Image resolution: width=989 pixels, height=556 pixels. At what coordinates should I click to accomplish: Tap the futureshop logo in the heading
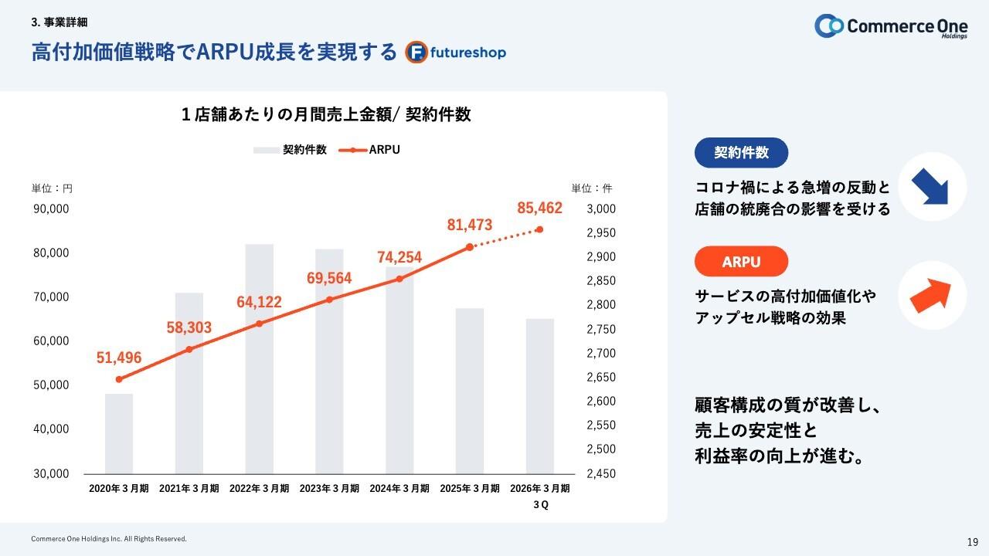(456, 52)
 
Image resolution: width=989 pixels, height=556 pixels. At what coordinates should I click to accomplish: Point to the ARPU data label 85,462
(539, 208)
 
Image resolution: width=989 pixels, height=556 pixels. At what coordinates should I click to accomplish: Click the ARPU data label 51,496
(119, 358)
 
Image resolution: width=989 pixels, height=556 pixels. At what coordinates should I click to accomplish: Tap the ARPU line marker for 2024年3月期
(399, 279)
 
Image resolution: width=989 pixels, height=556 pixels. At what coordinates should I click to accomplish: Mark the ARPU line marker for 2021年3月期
(189, 350)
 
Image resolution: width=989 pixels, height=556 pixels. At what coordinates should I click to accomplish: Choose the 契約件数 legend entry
(290, 150)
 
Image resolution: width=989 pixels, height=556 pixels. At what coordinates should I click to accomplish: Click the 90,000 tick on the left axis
(51, 208)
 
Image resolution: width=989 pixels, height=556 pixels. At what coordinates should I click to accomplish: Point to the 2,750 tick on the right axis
(601, 329)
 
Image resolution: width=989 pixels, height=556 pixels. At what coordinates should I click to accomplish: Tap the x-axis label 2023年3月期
(329, 489)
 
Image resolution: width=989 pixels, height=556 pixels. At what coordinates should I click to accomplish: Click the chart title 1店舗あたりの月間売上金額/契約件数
(326, 114)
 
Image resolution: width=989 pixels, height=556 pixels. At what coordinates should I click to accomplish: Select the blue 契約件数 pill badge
(741, 153)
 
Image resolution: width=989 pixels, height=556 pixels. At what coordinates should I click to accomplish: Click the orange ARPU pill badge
(741, 262)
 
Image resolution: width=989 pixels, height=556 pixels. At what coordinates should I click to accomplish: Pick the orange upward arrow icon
(933, 296)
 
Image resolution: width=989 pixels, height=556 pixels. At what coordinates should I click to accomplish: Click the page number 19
(973, 541)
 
